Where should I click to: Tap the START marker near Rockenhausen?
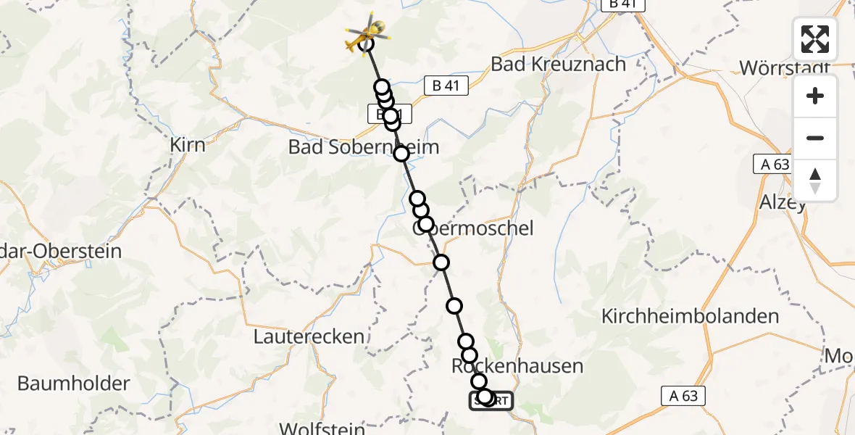coord(491,400)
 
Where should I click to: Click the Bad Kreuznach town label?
coord(558,64)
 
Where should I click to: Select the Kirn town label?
coord(187,144)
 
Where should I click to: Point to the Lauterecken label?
coord(309,336)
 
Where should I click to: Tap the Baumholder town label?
coord(73,383)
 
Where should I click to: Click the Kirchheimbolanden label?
coord(691,316)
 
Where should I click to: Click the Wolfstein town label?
coord(322,428)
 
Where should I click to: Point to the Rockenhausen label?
coord(517,365)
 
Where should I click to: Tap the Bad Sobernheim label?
coord(364,147)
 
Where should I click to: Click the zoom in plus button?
coord(815,96)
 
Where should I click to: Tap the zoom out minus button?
coord(815,138)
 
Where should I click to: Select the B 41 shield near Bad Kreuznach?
coord(446,86)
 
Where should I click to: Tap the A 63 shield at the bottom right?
coord(683,395)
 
